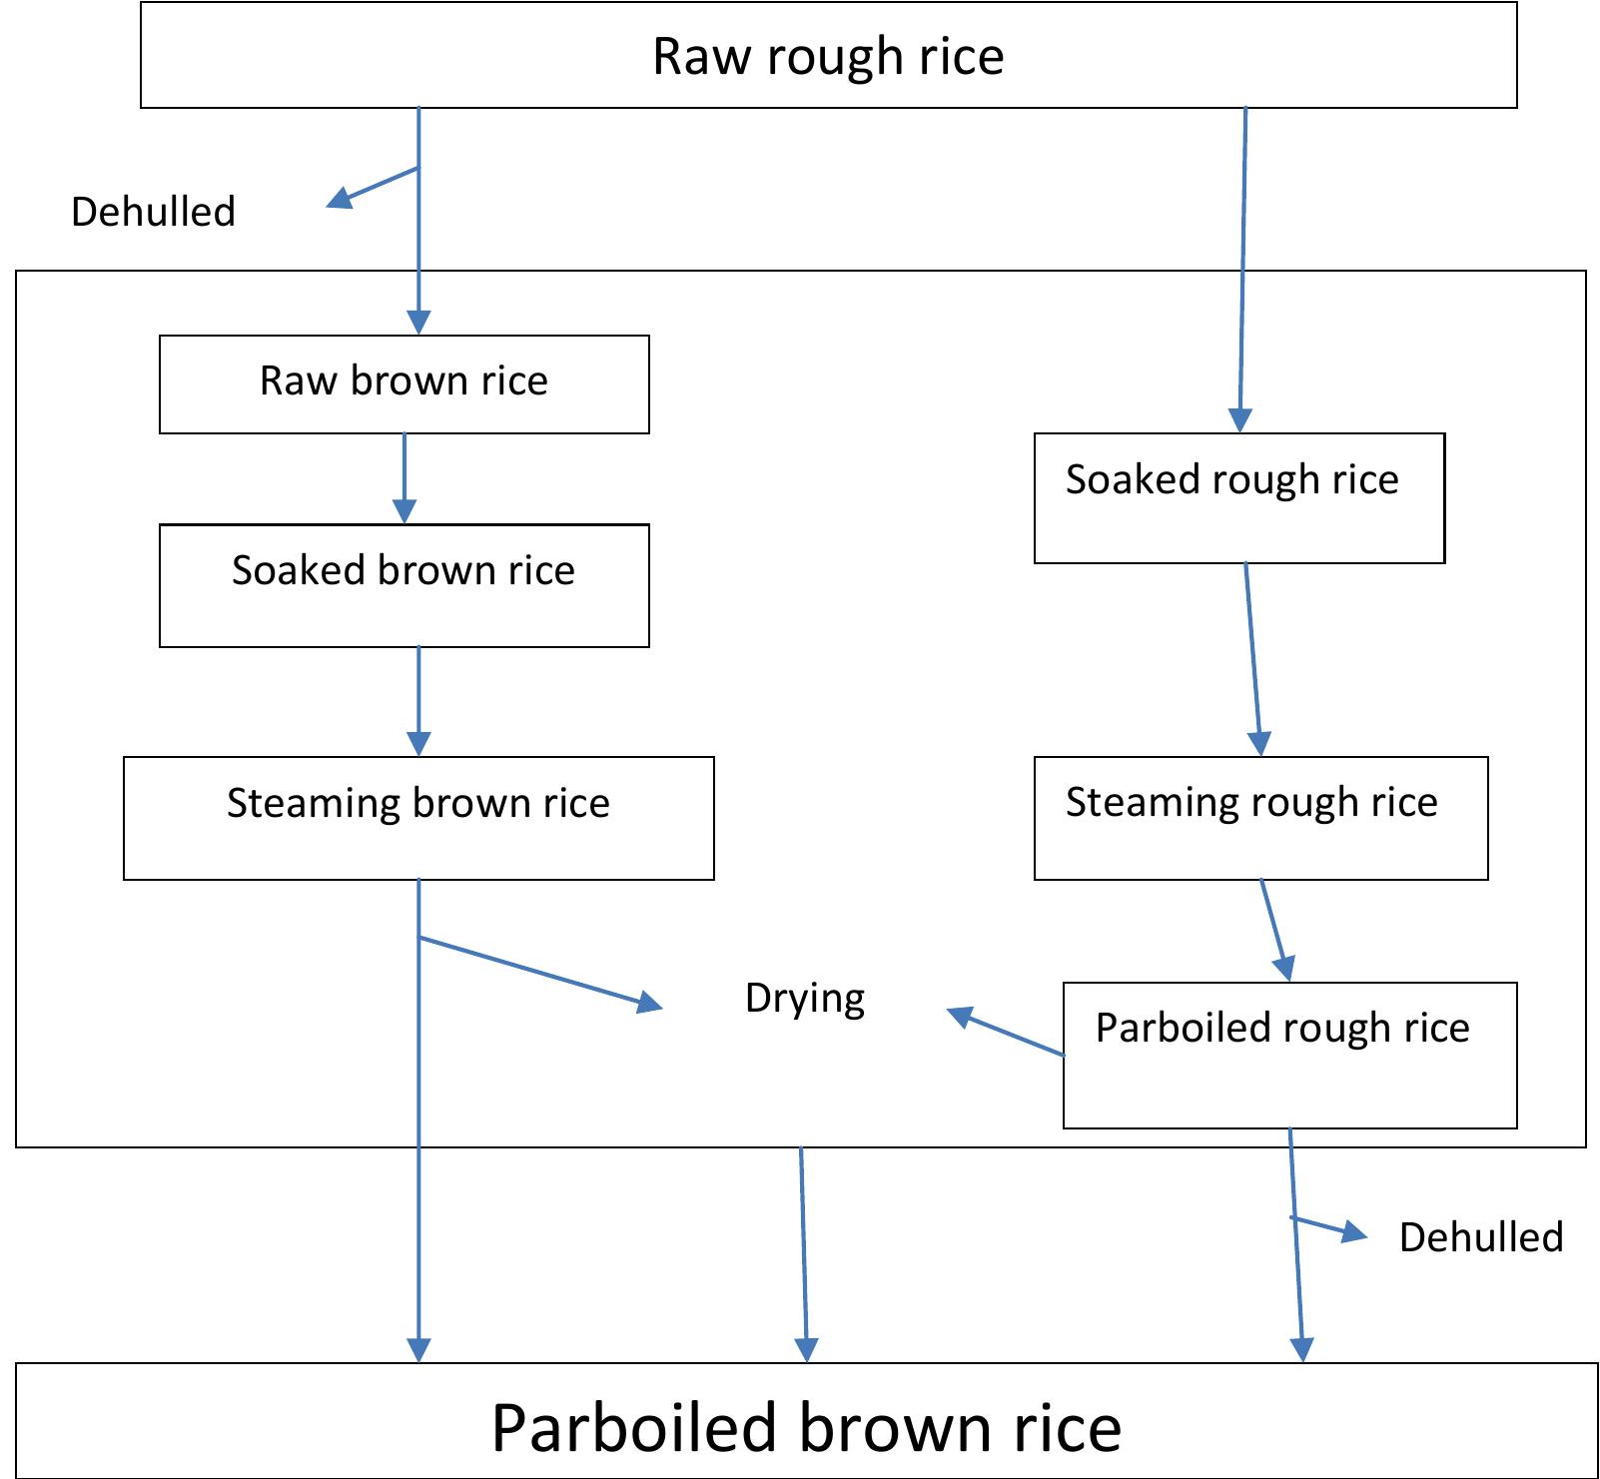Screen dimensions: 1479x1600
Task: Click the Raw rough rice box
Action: pyautogui.click(x=828, y=56)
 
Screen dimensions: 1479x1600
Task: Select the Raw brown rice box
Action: pyautogui.click(x=403, y=383)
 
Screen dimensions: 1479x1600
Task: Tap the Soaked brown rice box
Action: pyautogui.click(x=403, y=584)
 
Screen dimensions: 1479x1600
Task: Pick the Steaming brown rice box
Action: pyautogui.click(x=418, y=817)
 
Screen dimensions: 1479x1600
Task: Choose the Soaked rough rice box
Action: pyautogui.click(x=1238, y=497)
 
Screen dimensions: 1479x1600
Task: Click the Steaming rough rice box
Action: pyautogui.click(x=1260, y=817)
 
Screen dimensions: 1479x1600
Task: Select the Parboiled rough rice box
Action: pyautogui.click(x=1289, y=1055)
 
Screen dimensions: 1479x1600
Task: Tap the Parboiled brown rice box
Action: pyautogui.click(x=806, y=1419)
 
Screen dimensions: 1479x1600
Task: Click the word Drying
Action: pyautogui.click(x=805, y=999)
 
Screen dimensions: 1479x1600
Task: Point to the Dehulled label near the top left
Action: pyautogui.click(x=153, y=212)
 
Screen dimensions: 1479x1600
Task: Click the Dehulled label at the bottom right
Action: pyautogui.click(x=1480, y=1237)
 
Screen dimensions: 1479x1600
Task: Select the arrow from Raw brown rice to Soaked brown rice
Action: pyautogui.click(x=403, y=477)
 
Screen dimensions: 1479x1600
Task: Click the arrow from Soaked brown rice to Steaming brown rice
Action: pyautogui.click(x=418, y=700)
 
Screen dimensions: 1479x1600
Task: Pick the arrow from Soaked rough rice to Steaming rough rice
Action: pyautogui.click(x=1252, y=659)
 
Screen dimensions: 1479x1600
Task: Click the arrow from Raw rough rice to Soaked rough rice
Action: pyautogui.click(x=1242, y=270)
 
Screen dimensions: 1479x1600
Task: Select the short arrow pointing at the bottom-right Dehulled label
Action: pyautogui.click(x=1329, y=1227)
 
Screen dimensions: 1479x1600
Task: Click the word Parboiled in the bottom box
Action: pyautogui.click(x=633, y=1427)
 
